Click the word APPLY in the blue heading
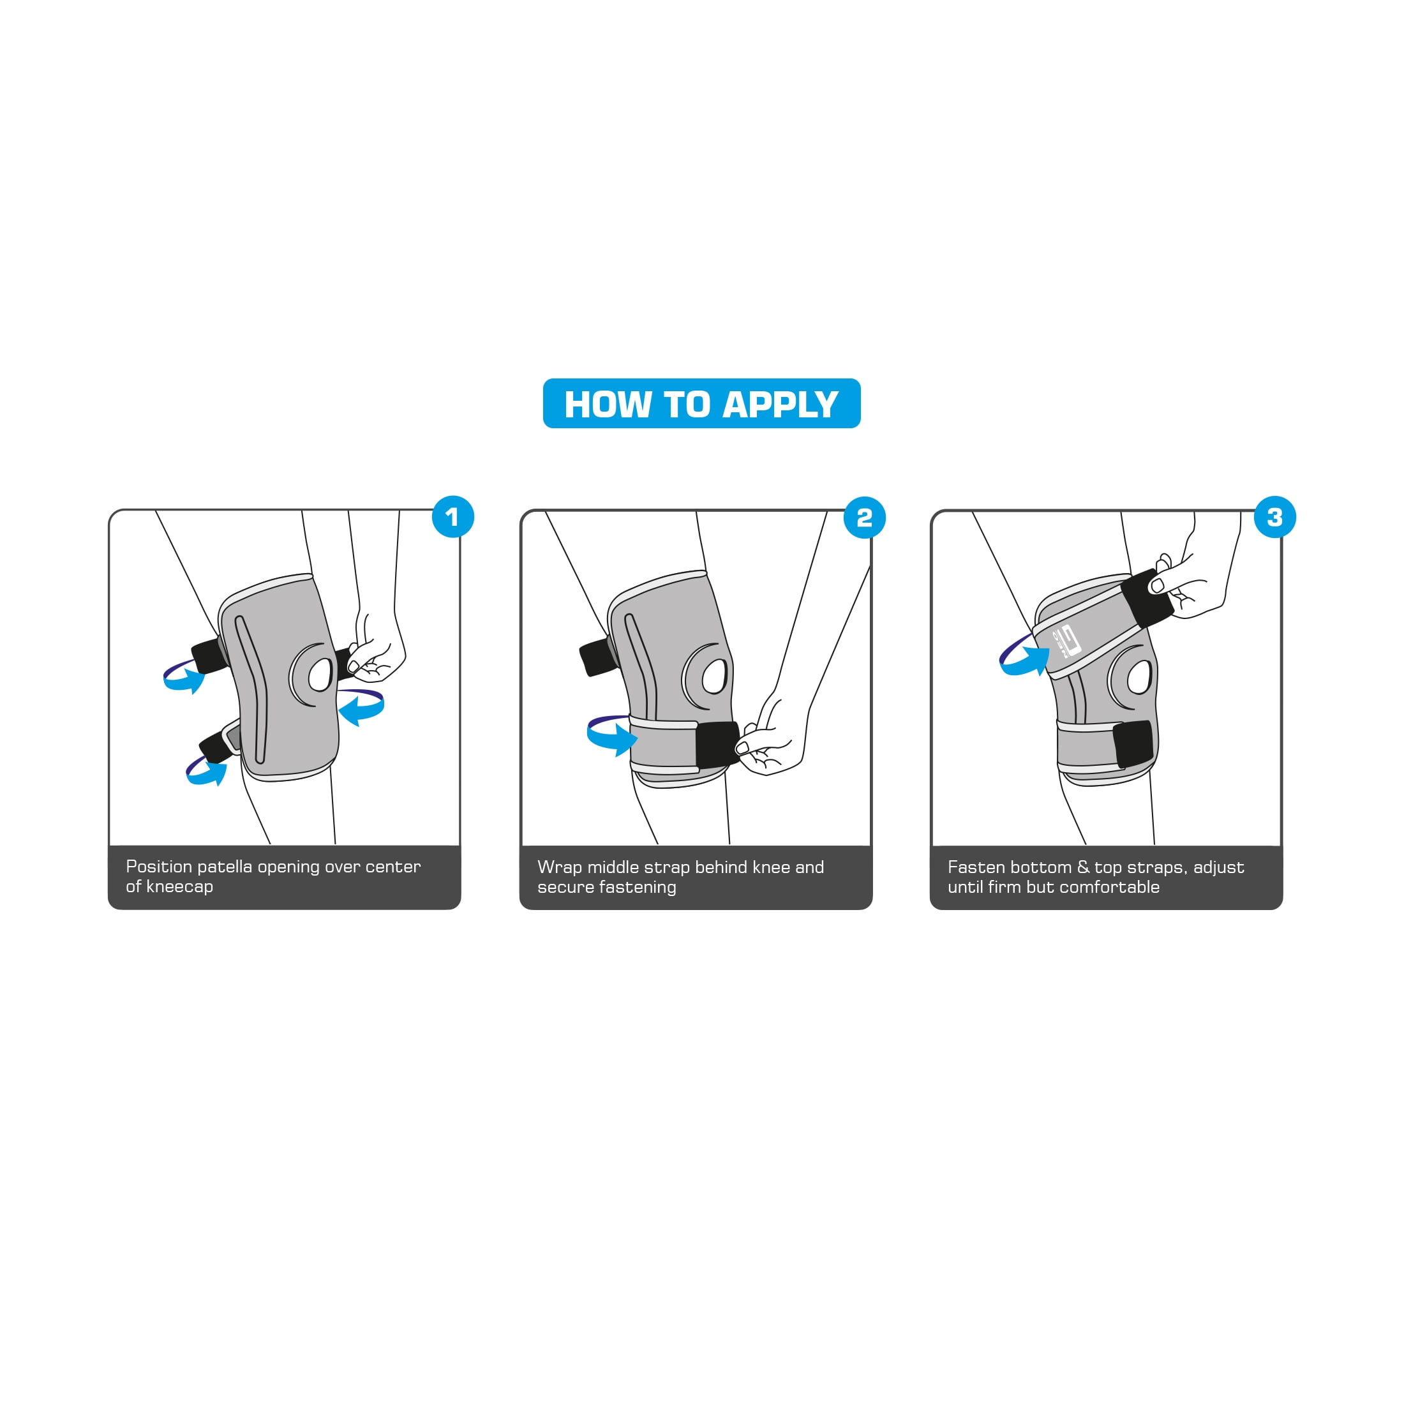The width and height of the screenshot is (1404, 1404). pyautogui.click(x=780, y=404)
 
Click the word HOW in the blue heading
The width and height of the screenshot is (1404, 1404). pyautogui.click(x=608, y=404)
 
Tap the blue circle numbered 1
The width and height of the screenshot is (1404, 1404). pyautogui.click(x=452, y=517)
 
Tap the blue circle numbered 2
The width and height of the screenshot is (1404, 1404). pyautogui.click(x=864, y=518)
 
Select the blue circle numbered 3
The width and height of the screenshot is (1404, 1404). pyautogui.click(x=1274, y=517)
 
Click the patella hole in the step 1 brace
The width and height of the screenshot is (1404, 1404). pyautogui.click(x=320, y=675)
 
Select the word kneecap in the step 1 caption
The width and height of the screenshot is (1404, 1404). pyautogui.click(x=179, y=886)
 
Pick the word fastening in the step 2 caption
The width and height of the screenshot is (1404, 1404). pyautogui.click(x=640, y=887)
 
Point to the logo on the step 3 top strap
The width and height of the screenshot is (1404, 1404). pyautogui.click(x=1067, y=641)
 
